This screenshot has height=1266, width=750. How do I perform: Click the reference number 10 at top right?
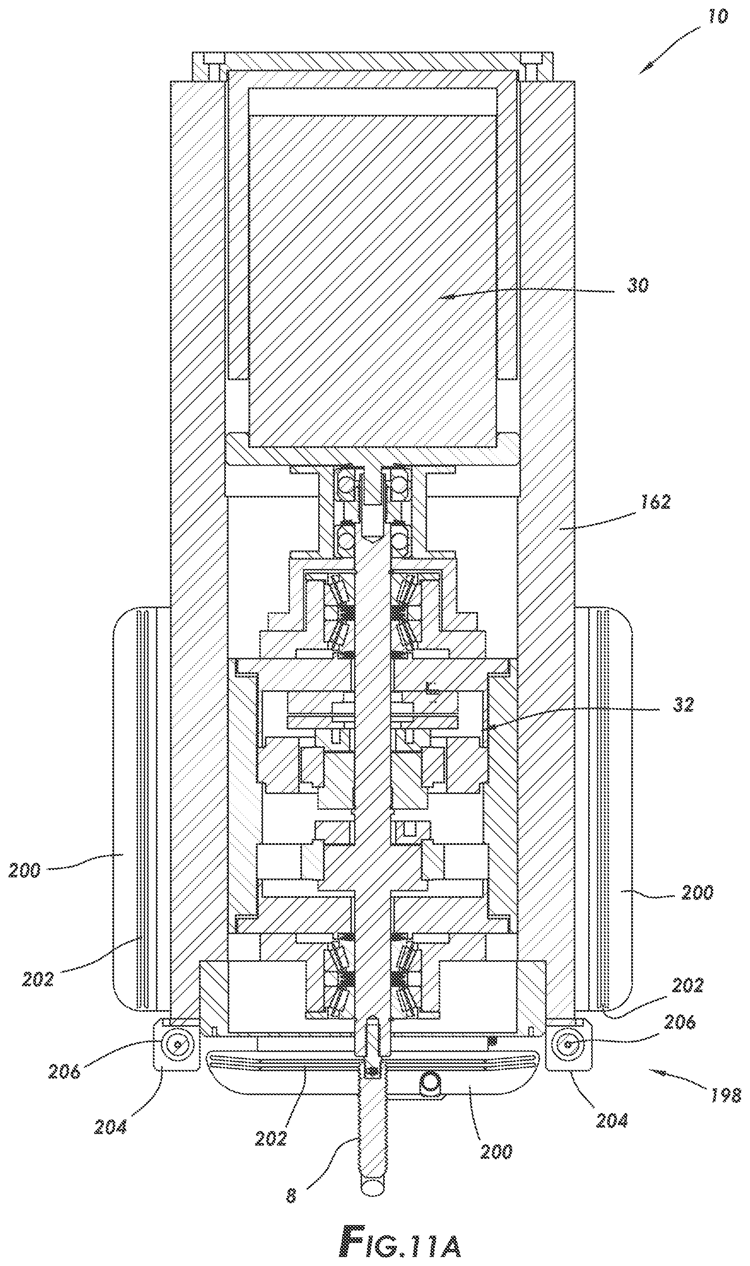[x=718, y=16]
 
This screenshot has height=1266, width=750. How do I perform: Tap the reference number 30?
[x=637, y=286]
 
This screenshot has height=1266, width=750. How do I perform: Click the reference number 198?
[x=725, y=1096]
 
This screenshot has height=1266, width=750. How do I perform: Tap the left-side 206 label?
[x=64, y=1070]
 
